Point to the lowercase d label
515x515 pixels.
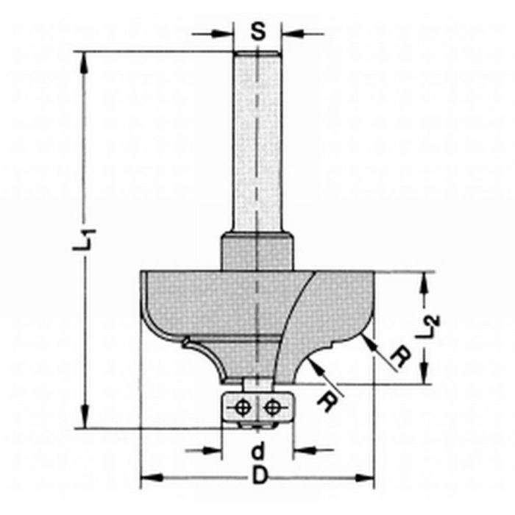click(257, 450)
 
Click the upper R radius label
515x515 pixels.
click(398, 357)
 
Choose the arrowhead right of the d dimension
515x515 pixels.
click(302, 450)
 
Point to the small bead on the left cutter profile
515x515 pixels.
click(187, 339)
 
